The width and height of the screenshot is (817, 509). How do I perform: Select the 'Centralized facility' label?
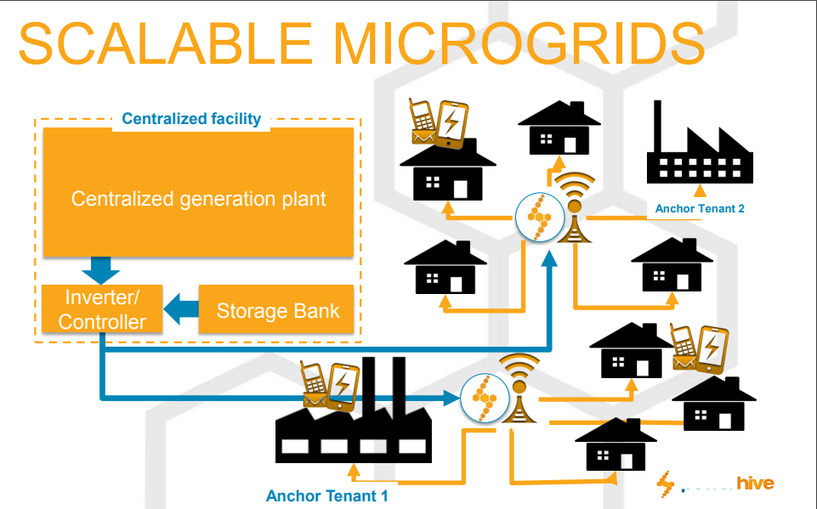[191, 119]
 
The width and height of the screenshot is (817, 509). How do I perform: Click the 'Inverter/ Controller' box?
[102, 310]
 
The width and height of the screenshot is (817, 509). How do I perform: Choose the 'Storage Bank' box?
[277, 310]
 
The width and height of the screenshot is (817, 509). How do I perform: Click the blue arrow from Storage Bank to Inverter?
[180, 309]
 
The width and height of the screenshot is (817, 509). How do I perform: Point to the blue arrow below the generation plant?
[101, 270]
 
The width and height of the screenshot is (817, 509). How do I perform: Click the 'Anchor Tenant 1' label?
[327, 495]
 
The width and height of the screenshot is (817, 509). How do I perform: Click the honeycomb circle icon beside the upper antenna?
[539, 217]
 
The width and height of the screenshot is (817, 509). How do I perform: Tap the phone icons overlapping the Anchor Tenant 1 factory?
[327, 387]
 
